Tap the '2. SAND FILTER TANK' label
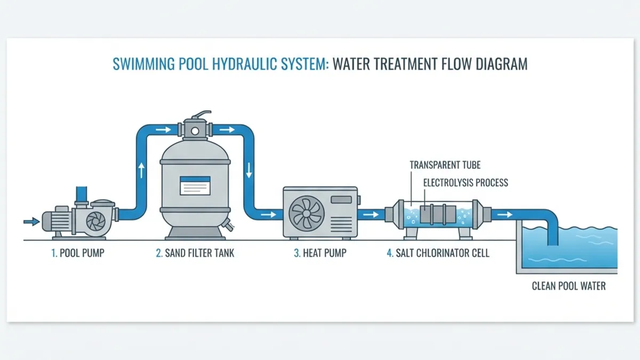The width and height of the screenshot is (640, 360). point(195,253)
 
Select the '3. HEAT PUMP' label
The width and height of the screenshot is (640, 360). point(319,253)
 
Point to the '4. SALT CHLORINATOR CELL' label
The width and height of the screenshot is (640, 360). point(437,253)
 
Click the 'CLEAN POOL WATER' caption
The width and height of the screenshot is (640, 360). point(569,286)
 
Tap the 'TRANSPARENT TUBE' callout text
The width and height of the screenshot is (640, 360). point(445,165)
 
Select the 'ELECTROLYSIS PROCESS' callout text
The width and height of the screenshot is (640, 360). point(466,183)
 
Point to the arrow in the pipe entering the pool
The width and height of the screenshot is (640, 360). point(505,215)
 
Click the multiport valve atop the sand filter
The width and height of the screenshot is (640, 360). point(196,129)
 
